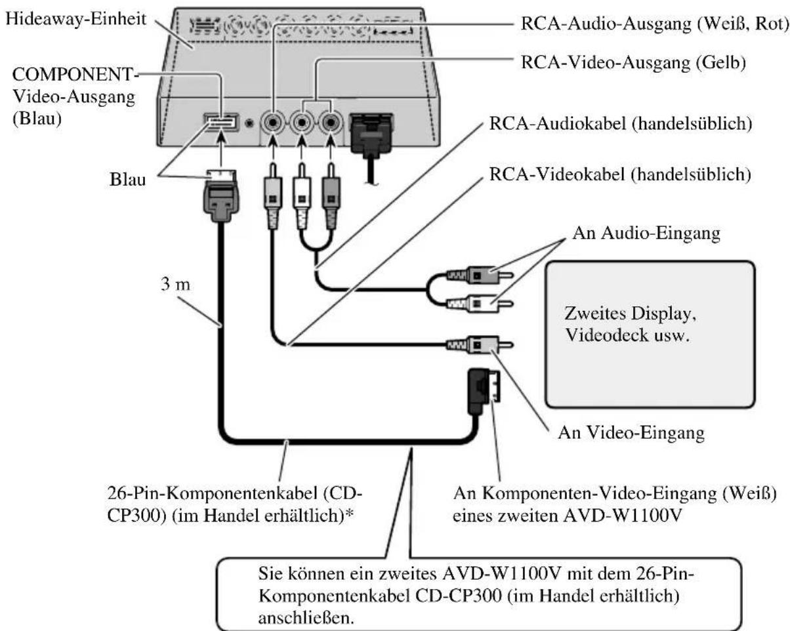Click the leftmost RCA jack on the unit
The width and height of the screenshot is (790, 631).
tap(271, 122)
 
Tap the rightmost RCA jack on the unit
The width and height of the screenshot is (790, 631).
tap(330, 122)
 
